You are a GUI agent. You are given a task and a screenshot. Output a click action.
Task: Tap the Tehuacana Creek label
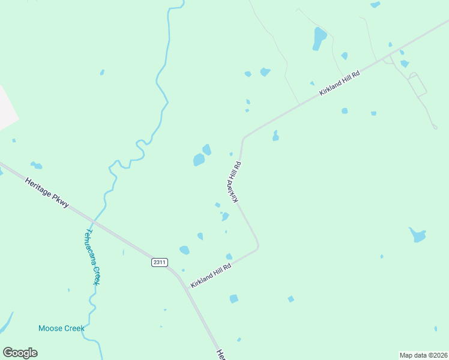[x=92, y=256]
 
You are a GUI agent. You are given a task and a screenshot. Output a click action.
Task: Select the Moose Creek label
[x=61, y=328]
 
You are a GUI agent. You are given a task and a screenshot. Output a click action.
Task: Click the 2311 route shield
[x=159, y=262]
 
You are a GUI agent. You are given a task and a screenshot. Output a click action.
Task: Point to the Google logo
[x=20, y=353]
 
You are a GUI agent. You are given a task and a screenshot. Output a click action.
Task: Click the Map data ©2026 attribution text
[x=423, y=355]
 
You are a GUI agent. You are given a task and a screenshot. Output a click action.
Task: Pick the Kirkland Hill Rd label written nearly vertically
[x=234, y=181]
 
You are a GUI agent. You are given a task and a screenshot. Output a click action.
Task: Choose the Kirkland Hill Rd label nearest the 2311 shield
[x=211, y=275]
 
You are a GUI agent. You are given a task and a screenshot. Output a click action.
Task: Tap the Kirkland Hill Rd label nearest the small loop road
[x=339, y=83]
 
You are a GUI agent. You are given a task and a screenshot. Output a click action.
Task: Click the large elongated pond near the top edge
[x=319, y=38]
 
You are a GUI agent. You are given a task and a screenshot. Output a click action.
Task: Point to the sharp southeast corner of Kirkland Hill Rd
[x=258, y=245]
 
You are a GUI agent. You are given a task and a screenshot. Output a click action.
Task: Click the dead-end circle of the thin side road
[x=435, y=127]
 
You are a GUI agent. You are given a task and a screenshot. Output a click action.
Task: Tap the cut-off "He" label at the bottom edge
[x=220, y=354]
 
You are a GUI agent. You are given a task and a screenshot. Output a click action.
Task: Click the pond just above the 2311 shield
[x=184, y=250]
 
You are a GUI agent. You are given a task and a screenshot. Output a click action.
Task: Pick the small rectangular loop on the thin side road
[x=417, y=85]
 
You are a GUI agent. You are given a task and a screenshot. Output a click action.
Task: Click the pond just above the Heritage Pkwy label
[x=37, y=165]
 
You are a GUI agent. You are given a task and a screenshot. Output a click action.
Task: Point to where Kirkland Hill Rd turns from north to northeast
[x=244, y=138]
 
